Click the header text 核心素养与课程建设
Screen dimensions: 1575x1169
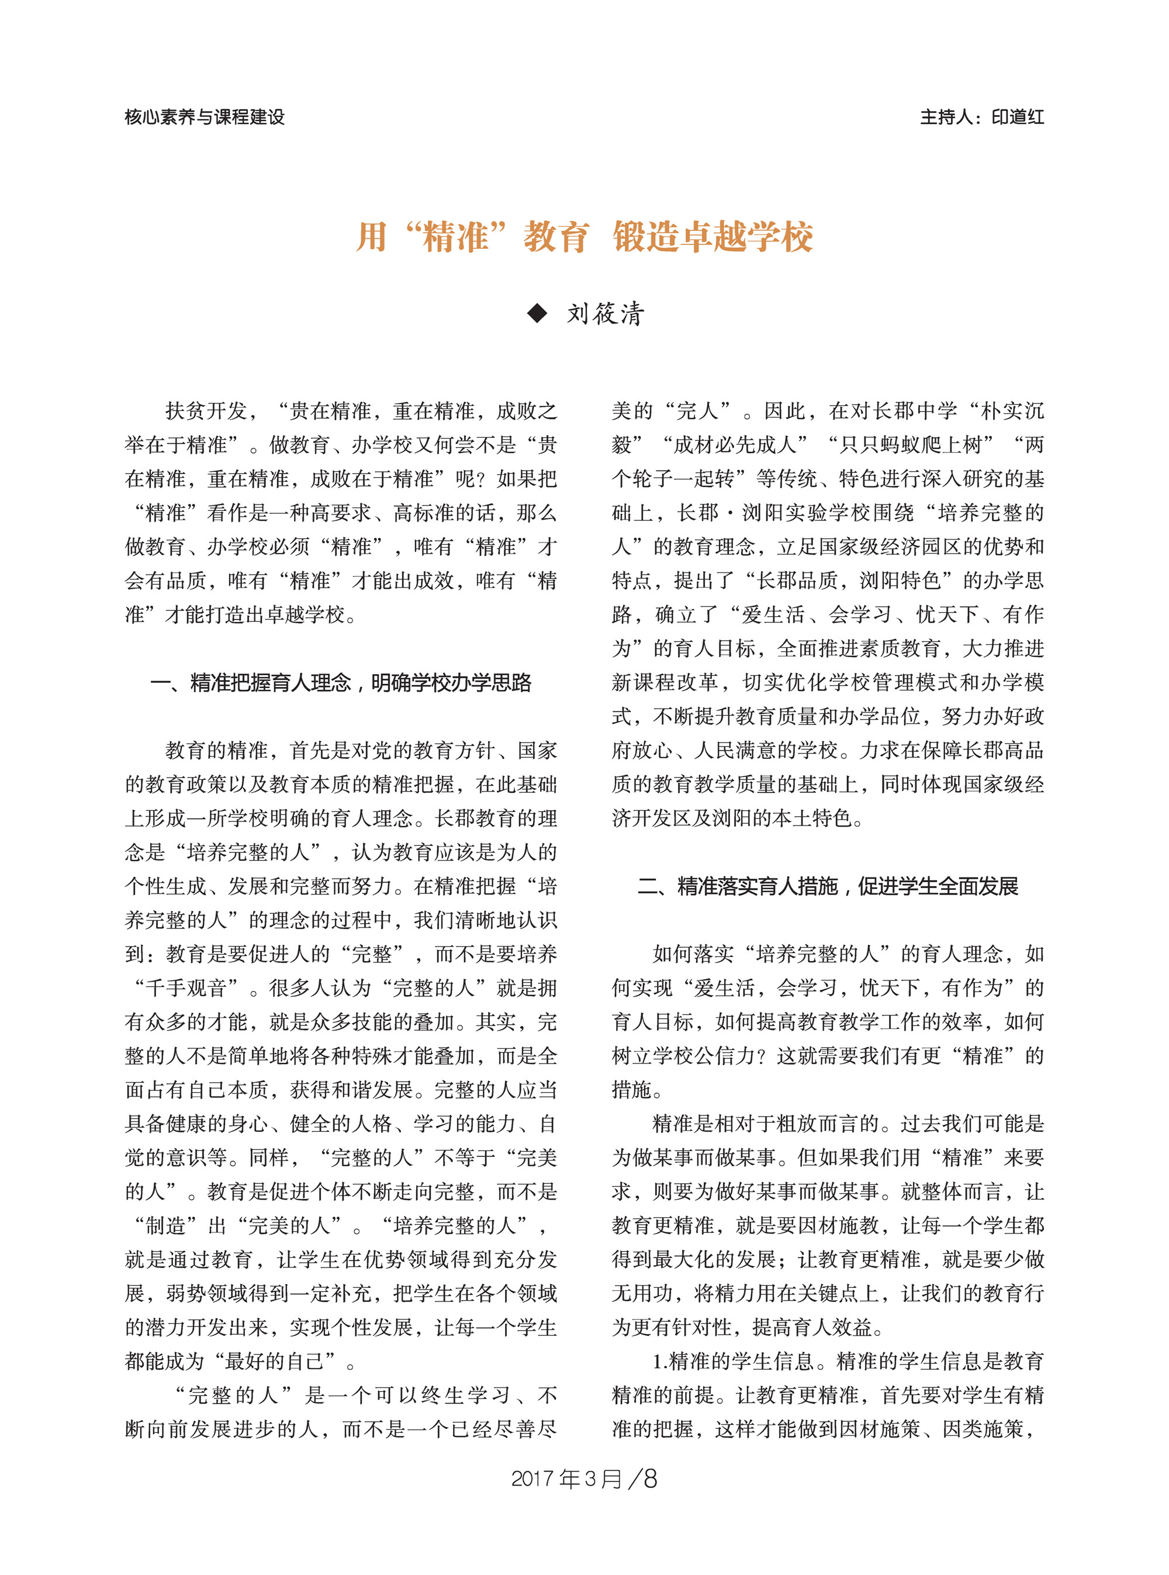[205, 117]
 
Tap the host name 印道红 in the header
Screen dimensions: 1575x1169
[1017, 117]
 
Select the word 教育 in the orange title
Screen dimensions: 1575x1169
[555, 236]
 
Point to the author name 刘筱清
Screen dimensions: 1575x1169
[606, 313]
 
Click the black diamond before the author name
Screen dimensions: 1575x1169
[538, 313]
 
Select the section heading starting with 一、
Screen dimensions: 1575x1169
[340, 682]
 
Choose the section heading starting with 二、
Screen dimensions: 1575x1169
[828, 886]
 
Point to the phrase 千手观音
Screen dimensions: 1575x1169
[185, 987]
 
